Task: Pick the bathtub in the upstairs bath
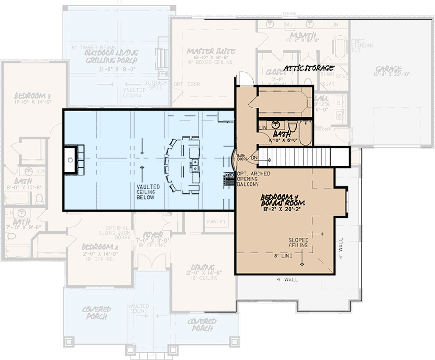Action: pyautogui.click(x=305, y=131)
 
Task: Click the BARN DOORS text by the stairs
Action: pyautogui.click(x=242, y=156)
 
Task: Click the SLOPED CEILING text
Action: pyautogui.click(x=298, y=243)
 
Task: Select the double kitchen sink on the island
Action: pyautogui.click(x=195, y=166)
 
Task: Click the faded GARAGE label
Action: pyautogui.click(x=389, y=69)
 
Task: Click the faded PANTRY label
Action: pyautogui.click(x=217, y=221)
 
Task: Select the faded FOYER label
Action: pyautogui.click(x=153, y=235)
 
